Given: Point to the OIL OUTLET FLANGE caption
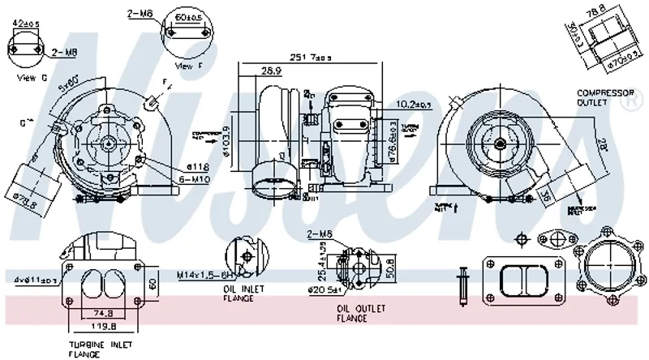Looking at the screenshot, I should point(362,313).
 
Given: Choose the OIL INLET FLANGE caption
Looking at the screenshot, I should point(239,293).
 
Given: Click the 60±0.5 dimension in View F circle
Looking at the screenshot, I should point(188,16).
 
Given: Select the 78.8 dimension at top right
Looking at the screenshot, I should point(618,10).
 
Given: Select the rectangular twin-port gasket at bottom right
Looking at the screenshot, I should point(519,281).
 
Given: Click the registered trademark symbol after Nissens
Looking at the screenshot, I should point(627,104).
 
